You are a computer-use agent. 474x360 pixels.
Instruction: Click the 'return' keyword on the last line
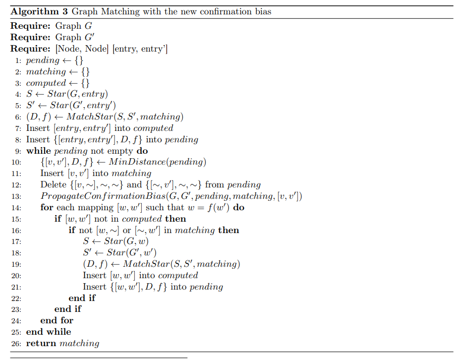[41, 343]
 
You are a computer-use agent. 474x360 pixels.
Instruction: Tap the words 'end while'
[49, 332]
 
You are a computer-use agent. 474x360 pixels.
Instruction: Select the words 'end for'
[57, 320]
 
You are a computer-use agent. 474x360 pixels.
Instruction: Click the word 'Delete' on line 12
[54, 185]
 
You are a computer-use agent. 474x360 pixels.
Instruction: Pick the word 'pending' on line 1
[43, 60]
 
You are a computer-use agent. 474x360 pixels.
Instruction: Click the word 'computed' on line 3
[46, 83]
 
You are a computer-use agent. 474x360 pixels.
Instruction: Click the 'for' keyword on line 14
[47, 208]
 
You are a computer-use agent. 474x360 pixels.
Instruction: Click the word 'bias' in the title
[261, 11]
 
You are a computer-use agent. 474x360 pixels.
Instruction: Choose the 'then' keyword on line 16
[229, 230]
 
